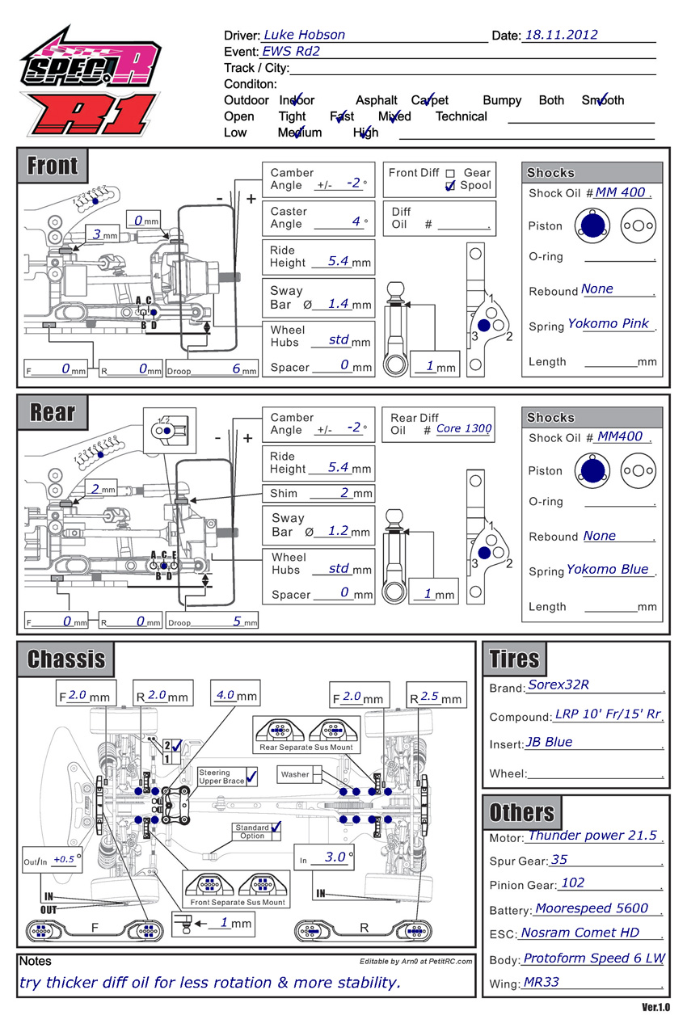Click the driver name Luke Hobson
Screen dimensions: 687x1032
click(x=304, y=35)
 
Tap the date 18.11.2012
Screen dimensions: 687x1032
click(x=561, y=35)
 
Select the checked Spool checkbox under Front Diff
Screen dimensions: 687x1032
click(x=450, y=186)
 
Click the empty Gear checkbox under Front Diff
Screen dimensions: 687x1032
click(x=450, y=173)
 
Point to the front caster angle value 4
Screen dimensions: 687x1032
click(x=356, y=221)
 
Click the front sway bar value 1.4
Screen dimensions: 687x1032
click(x=338, y=304)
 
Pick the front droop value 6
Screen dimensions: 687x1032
click(x=236, y=369)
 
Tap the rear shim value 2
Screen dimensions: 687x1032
click(x=344, y=492)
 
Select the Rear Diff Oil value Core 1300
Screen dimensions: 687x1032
click(x=464, y=428)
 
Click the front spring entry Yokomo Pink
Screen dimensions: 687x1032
click(x=609, y=323)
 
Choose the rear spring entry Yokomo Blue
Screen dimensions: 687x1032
click(x=607, y=569)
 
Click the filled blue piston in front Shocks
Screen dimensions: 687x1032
click(x=592, y=225)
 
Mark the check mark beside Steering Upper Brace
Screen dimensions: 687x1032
click(x=251, y=777)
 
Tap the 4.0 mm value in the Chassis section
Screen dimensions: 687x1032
click(x=225, y=695)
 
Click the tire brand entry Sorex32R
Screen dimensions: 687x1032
click(x=558, y=684)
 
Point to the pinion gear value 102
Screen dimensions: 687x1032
click(x=573, y=883)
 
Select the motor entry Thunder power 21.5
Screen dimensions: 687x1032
click(x=592, y=836)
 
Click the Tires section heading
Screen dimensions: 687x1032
click(x=514, y=659)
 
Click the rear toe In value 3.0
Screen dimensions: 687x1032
click(x=335, y=857)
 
